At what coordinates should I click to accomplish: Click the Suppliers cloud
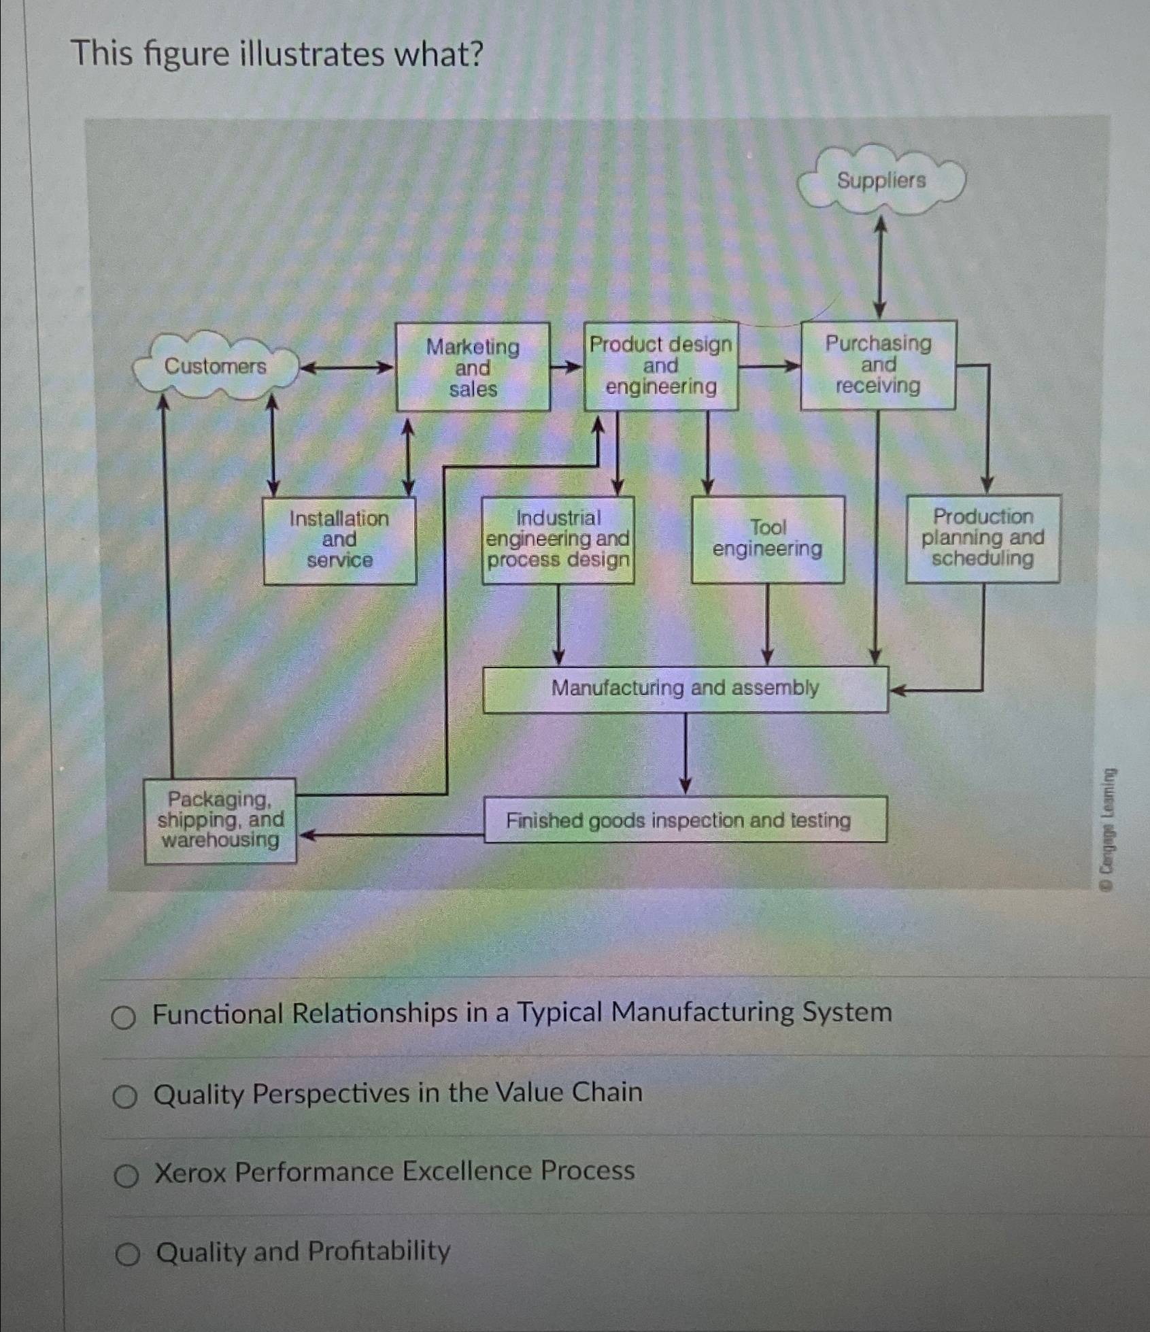click(x=881, y=180)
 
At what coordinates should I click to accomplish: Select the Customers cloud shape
click(x=215, y=367)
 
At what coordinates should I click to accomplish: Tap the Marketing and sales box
click(x=473, y=367)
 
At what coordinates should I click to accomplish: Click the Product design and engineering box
click(x=660, y=366)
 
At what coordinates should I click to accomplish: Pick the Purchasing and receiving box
click(x=878, y=365)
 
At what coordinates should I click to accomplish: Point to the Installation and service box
click(x=339, y=539)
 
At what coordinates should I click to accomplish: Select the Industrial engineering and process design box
click(x=558, y=539)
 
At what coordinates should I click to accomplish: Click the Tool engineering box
click(x=768, y=539)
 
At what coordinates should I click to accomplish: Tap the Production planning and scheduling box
click(x=982, y=538)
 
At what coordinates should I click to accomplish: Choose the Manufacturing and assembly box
click(x=685, y=688)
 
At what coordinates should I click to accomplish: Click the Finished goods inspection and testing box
click(x=685, y=820)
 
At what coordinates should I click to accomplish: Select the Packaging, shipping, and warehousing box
click(x=220, y=820)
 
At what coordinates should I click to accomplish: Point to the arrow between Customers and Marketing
click(x=347, y=368)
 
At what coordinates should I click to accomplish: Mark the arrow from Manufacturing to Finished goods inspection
click(x=686, y=754)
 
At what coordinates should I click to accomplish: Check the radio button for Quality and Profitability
click(x=126, y=1254)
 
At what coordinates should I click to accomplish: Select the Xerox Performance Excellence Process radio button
click(x=126, y=1175)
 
